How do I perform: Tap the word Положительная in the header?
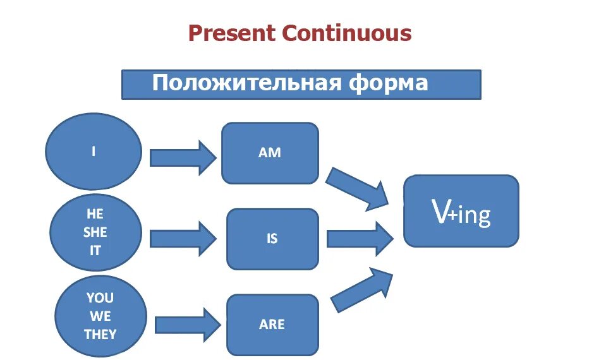tap(246, 83)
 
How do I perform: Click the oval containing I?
tap(94, 152)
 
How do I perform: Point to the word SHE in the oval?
tap(95, 232)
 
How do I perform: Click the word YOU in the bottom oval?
tap(100, 297)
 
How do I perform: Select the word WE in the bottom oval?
tap(100, 316)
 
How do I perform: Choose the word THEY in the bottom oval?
tap(100, 334)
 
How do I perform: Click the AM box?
tap(270, 153)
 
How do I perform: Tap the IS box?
tap(272, 239)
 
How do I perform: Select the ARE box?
tap(272, 325)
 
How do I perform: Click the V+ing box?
tap(461, 211)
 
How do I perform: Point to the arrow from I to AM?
tap(183, 157)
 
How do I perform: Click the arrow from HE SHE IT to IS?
tap(183, 238)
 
